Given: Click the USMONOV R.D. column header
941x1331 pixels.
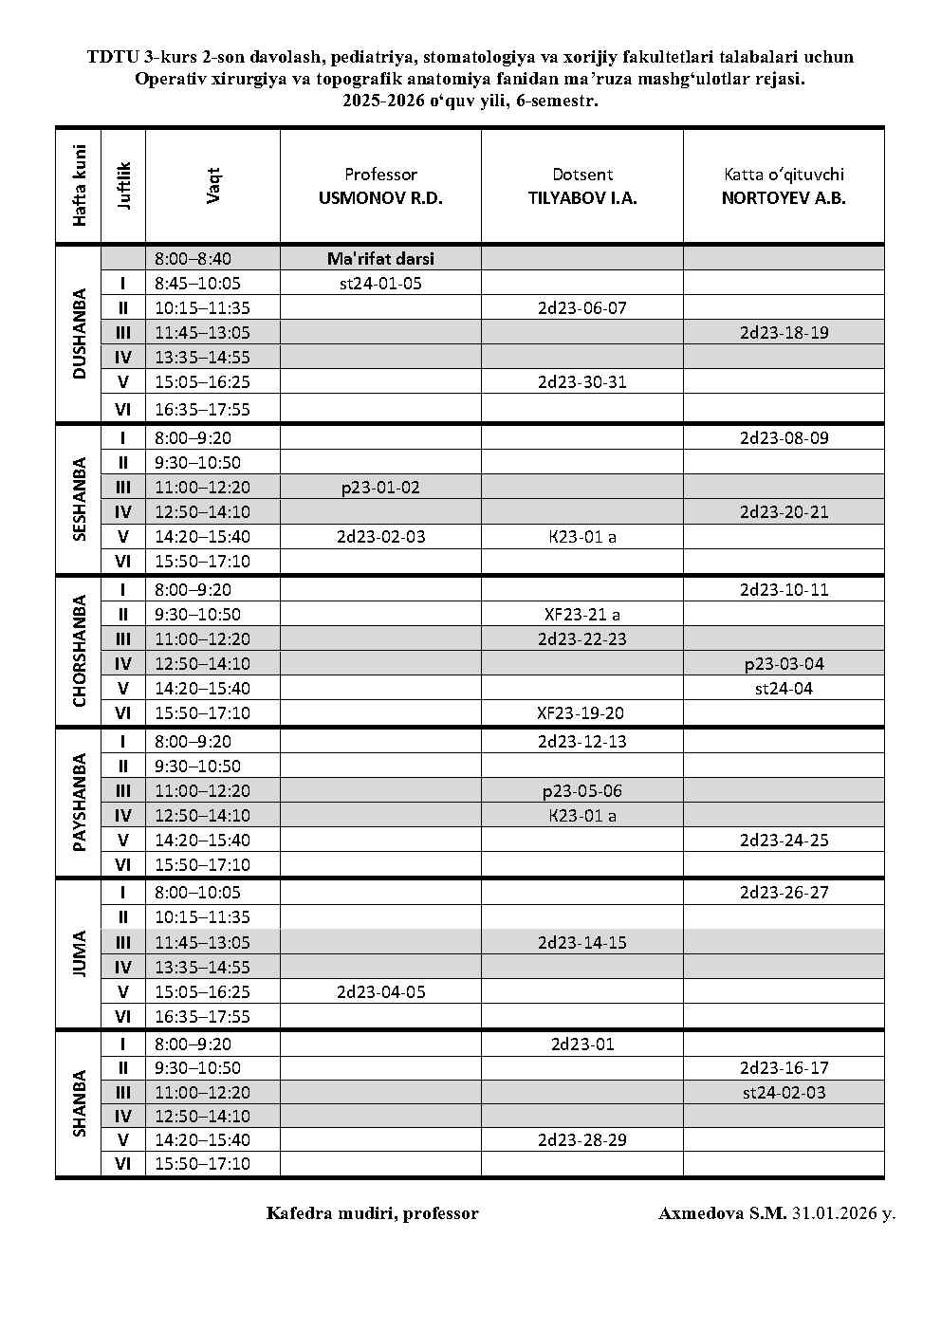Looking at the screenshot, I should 380,187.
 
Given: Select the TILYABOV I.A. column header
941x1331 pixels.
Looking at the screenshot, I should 582,187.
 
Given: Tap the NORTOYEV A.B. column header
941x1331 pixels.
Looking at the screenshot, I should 784,187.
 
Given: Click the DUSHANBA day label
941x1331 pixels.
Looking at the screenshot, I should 79,334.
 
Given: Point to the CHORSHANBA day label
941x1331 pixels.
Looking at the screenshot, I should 79,651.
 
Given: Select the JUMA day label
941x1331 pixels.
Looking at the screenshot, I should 79,954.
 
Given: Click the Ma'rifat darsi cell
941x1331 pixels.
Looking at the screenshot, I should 380,258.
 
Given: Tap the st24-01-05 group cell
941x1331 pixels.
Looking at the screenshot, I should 380,283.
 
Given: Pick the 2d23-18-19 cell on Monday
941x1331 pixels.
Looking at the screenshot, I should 784,332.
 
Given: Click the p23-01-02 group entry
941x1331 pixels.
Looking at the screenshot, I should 380,488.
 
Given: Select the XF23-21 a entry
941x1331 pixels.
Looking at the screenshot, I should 582,614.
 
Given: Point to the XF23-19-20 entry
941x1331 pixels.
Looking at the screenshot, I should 582,712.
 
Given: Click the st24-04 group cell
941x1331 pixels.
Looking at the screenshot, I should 784,688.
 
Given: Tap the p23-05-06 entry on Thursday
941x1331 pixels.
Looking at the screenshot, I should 582,790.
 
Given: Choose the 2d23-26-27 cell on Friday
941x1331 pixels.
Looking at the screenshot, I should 784,892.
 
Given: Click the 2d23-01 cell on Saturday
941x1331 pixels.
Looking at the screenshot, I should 582,1044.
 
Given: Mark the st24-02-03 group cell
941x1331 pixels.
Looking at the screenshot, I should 784,1092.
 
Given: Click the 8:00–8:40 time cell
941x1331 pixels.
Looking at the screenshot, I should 194,258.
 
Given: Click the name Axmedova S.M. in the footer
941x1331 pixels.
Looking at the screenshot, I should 722,1213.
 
